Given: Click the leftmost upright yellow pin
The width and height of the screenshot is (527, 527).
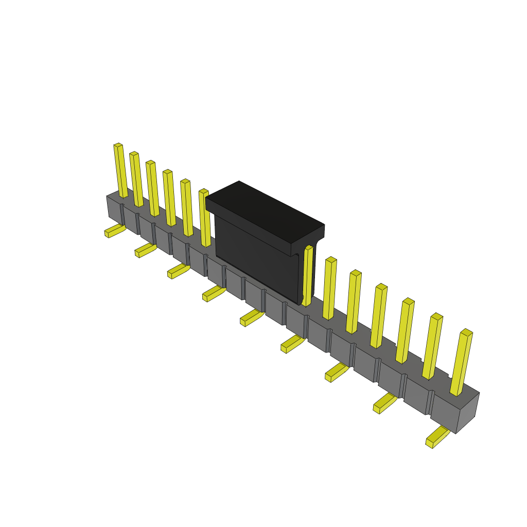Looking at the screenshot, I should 120,170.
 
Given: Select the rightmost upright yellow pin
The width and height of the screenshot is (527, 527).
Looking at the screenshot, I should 461,363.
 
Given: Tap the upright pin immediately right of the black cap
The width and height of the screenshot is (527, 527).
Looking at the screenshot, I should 307,275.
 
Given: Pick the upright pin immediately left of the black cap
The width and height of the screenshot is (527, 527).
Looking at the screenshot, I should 205,218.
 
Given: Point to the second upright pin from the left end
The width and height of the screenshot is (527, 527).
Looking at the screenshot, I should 136,179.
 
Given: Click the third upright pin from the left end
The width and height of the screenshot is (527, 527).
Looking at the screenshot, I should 153,188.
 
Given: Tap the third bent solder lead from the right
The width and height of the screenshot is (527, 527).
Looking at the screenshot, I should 336,373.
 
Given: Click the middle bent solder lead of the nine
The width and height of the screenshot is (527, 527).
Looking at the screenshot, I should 251,318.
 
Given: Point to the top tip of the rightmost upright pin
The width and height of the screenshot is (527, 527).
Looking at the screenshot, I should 466,332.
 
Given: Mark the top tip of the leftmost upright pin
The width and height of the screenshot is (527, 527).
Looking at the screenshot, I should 118,146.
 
